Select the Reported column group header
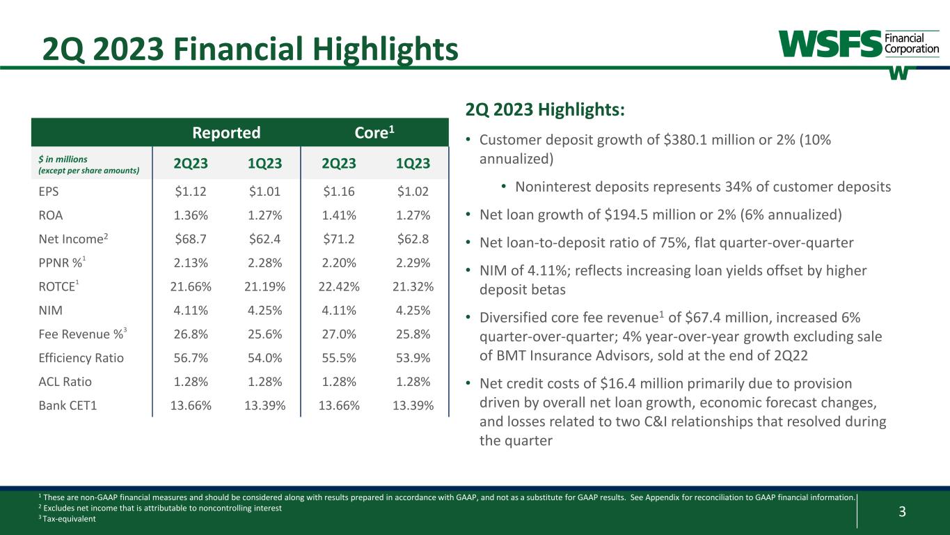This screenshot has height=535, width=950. tap(226, 133)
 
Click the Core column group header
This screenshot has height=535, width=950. tap(374, 133)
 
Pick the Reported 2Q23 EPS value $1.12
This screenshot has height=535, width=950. tap(189, 192)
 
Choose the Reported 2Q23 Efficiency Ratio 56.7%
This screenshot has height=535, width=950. tap(189, 358)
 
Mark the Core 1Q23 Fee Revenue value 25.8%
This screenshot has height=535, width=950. tap(411, 334)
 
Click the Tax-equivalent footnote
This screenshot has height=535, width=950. tap(70, 518)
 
